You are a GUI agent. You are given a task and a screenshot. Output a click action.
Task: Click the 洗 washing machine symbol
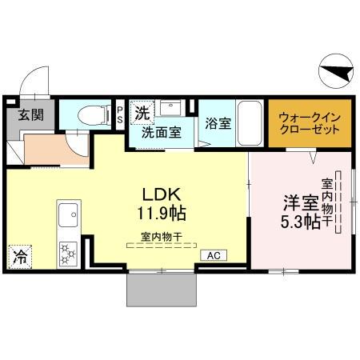[x=142, y=113]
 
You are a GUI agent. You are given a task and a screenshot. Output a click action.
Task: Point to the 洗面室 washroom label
[x=161, y=134]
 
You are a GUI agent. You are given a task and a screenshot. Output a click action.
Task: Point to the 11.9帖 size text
[x=166, y=214]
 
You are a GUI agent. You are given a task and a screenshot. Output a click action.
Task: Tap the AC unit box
[x=214, y=255]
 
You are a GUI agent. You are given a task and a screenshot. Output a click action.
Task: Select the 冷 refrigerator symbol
[x=18, y=257]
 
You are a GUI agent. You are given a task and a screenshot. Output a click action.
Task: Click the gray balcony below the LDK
[x=161, y=289]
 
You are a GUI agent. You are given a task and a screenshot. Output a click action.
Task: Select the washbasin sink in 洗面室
[x=170, y=109]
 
